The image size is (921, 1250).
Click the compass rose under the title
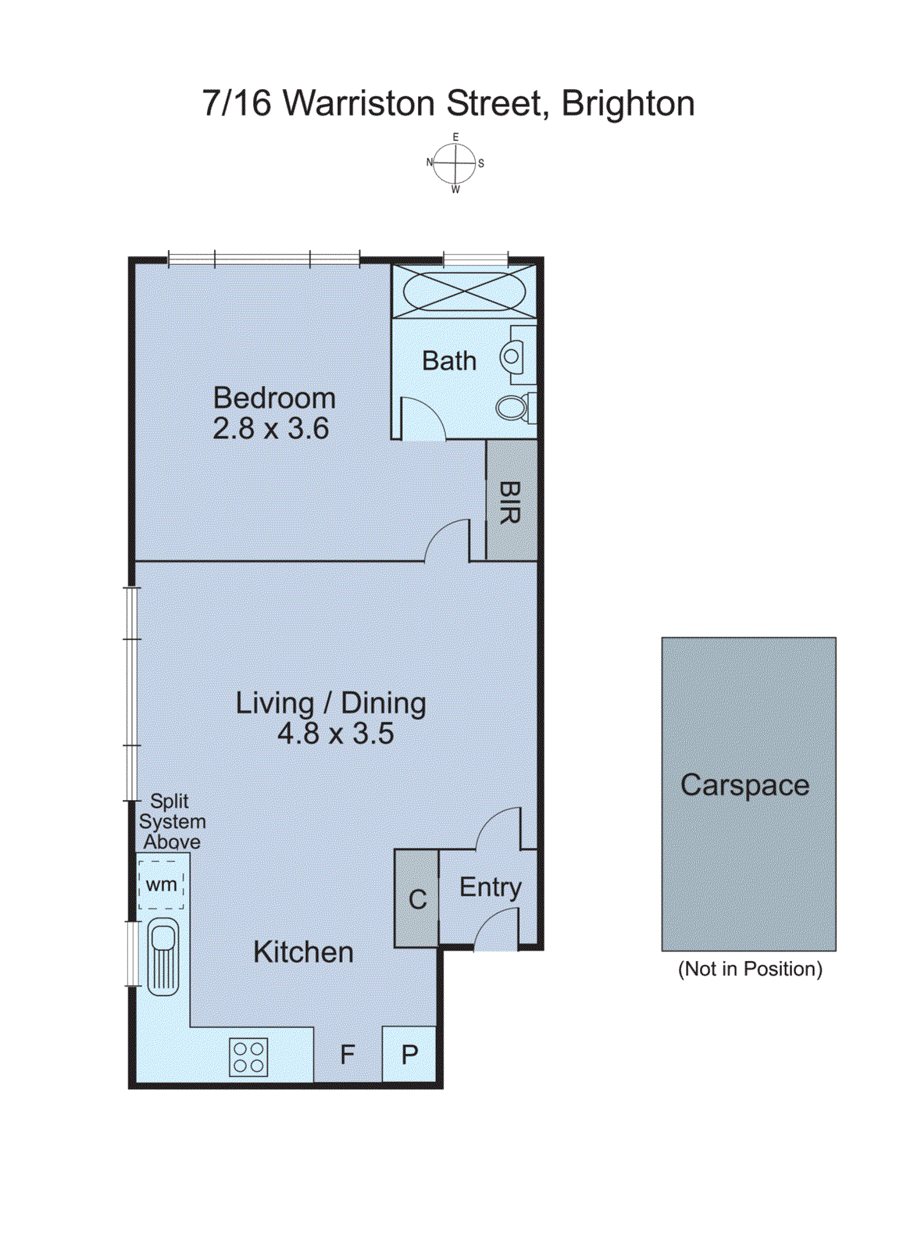pos(455,163)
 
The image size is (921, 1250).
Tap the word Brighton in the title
pos(628,103)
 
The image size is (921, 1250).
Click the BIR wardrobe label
pos(510,502)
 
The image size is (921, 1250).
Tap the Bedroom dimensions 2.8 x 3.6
pos(270,429)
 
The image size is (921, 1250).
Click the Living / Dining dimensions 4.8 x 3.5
pos(335,734)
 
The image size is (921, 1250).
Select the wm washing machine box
pos(162,884)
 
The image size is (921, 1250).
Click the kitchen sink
pos(163,958)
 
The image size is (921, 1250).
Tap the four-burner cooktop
pos(249,1057)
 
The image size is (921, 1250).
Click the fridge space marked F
pos(348,1055)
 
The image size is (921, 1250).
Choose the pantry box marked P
pos(409,1055)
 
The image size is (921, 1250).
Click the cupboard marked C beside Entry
pos(417,899)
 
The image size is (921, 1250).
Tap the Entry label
pos(490,887)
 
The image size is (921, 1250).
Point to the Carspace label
pos(744,785)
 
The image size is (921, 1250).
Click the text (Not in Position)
pos(750,969)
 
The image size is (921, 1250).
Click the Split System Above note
pos(172,822)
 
